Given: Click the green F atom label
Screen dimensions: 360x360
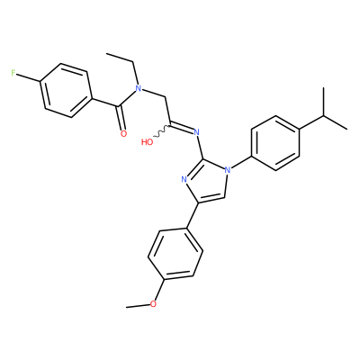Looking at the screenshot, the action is (x=13, y=73).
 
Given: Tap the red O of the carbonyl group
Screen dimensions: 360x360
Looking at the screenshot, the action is (x=123, y=134).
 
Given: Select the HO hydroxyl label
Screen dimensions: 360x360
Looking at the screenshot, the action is (x=147, y=141).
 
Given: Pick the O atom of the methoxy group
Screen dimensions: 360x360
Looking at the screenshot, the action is (x=153, y=304).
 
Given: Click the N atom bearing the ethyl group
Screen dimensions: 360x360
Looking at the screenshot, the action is (x=139, y=88).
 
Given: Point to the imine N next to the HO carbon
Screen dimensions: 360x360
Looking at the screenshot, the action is (x=197, y=131).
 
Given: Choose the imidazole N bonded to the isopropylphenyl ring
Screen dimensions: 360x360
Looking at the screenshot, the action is (x=228, y=170).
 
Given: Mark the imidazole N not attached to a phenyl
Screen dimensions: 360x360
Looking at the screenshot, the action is (x=184, y=180).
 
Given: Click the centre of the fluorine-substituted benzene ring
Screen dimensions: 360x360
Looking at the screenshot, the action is (x=66, y=90).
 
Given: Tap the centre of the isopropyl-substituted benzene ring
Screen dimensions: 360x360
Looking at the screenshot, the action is (x=275, y=143).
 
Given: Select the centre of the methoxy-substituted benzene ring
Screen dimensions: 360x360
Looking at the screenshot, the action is (x=175, y=254).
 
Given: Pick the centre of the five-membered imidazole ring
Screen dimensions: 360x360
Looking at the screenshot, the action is (x=208, y=181).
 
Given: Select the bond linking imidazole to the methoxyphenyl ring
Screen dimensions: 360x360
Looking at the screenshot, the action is (x=193, y=216).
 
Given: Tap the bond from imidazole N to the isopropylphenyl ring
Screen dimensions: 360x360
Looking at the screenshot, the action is (x=241, y=164).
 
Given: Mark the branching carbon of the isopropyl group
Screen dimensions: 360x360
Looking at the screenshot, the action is (x=324, y=115).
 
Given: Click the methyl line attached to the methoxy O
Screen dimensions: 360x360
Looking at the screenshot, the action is (x=138, y=306).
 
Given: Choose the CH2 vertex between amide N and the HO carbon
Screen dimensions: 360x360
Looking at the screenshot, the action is (x=166, y=98).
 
